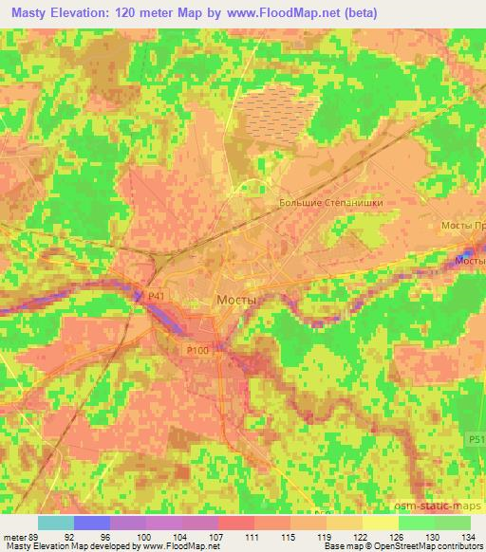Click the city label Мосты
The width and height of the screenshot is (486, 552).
[x=237, y=299]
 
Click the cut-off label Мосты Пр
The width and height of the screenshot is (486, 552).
[x=464, y=225]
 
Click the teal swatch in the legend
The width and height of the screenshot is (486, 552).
[x=55, y=523]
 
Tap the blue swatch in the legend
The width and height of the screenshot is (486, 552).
[x=92, y=523]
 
